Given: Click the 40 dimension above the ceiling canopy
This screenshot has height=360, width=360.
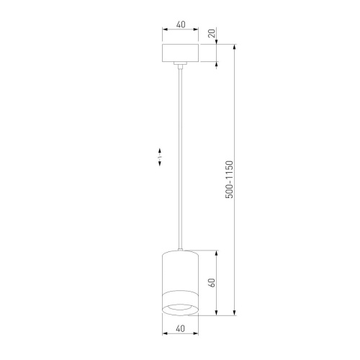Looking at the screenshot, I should point(180,24).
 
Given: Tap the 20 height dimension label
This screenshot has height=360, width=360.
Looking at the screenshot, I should point(211,33).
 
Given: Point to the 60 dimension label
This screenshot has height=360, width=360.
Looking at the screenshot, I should point(211,283).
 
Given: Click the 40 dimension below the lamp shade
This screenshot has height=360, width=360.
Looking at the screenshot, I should point(180,328).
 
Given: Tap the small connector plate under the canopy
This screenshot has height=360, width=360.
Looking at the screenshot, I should point(180,66).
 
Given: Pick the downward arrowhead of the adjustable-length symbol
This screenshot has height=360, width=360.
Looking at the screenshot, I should point(160,165).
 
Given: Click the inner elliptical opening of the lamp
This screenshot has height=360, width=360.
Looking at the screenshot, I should point(180,309).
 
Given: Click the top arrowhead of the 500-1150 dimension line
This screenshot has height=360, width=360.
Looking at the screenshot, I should point(235,47).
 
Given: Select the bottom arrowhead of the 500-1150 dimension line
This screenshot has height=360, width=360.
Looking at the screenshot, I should point(235,313).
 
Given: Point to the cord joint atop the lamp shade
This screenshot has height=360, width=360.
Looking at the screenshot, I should point(180,248).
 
